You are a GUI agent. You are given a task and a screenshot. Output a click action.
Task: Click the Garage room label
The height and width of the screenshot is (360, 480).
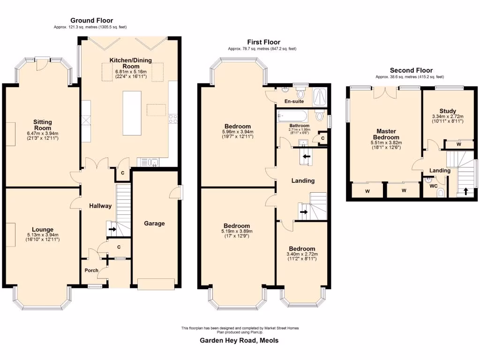pyautogui.click(x=154, y=224)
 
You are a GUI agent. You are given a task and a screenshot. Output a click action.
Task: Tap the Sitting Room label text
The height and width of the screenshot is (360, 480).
pyautogui.click(x=43, y=125)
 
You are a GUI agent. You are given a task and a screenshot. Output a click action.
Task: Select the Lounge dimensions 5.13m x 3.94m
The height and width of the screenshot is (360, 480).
pyautogui.click(x=43, y=235)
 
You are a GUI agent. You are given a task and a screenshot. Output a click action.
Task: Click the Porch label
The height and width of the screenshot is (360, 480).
pyautogui.click(x=91, y=270)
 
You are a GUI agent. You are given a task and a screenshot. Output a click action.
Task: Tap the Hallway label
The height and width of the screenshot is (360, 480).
pyautogui.click(x=100, y=206)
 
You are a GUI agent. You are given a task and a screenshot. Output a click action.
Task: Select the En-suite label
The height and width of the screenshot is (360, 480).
pyautogui.click(x=294, y=101)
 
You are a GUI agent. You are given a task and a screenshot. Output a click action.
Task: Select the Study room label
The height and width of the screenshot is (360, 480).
pyautogui.click(x=448, y=111)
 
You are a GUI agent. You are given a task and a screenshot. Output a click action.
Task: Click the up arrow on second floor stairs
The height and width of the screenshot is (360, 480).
pyautogui.click(x=465, y=191)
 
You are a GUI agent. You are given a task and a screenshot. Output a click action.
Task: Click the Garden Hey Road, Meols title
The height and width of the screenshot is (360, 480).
pyautogui.click(x=240, y=341)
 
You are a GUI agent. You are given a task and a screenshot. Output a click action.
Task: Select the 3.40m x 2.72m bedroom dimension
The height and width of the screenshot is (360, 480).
pyautogui.click(x=302, y=255)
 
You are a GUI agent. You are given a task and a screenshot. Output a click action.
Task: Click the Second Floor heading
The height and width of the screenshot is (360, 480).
pyautogui.click(x=409, y=70)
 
